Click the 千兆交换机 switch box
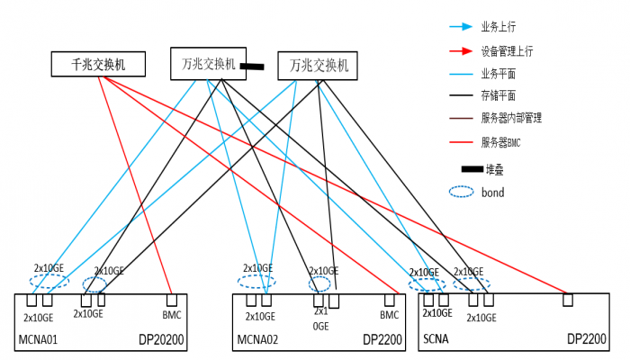(99, 64)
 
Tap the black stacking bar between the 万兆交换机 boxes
(252, 66)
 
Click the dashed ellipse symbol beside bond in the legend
(461, 192)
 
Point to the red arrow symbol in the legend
(461, 50)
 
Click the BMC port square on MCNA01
(171, 300)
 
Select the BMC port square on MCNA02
(390, 300)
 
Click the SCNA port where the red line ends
(567, 300)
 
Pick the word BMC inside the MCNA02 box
(389, 315)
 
